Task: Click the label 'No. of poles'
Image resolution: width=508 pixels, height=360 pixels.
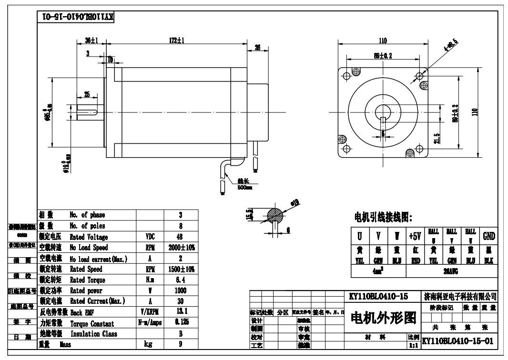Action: click(x=87, y=226)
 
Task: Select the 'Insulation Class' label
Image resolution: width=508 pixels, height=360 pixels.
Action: click(x=93, y=334)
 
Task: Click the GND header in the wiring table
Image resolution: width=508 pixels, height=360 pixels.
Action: click(x=489, y=236)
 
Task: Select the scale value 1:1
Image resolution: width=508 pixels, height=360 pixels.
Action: click(x=413, y=346)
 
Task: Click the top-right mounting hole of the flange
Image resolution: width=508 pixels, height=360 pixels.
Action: click(x=419, y=76)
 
